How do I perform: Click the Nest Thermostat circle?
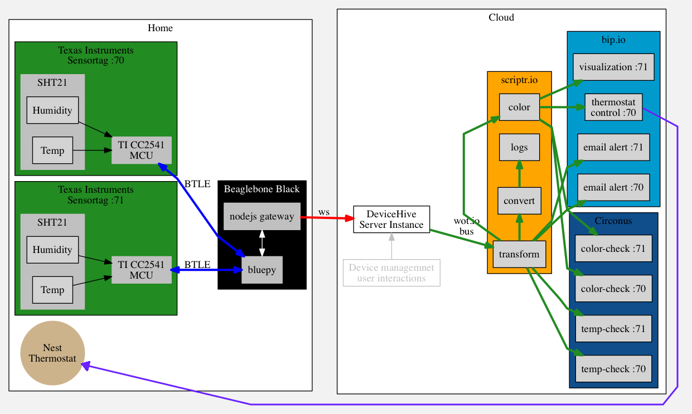(52, 353)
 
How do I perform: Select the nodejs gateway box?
(262, 217)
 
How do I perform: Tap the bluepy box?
(262, 270)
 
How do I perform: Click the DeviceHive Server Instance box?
(391, 220)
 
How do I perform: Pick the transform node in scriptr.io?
(519, 255)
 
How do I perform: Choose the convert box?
(519, 201)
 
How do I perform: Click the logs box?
(519, 148)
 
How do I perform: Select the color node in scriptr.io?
(519, 107)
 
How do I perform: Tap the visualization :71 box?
(613, 67)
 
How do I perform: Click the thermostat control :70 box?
(613, 108)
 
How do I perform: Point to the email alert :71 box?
(613, 148)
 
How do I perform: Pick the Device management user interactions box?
(391, 273)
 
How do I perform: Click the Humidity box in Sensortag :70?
(52, 110)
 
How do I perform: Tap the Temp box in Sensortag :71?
(52, 290)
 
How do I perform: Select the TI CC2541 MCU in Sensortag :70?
(141, 150)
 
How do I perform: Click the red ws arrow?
(327, 218)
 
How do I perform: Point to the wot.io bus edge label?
(466, 226)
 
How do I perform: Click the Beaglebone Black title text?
(262, 189)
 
